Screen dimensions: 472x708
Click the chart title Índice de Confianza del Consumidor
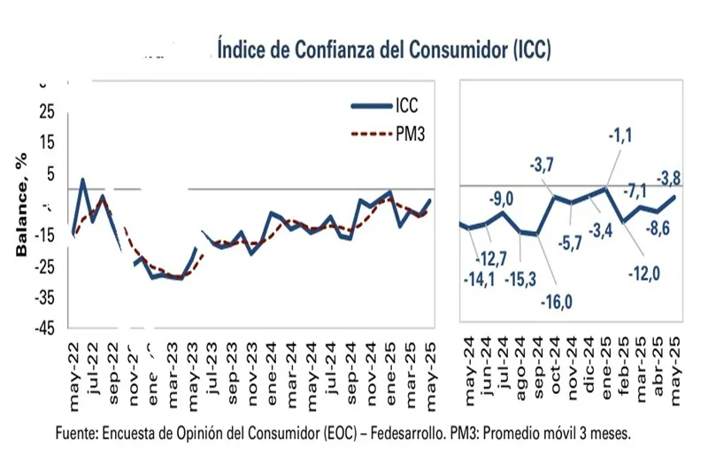tap(383, 49)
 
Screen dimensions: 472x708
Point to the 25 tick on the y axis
tap(45, 112)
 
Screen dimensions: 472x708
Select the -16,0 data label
tap(556, 302)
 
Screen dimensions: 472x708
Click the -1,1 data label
tap(619, 135)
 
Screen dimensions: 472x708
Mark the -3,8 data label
tap(666, 174)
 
